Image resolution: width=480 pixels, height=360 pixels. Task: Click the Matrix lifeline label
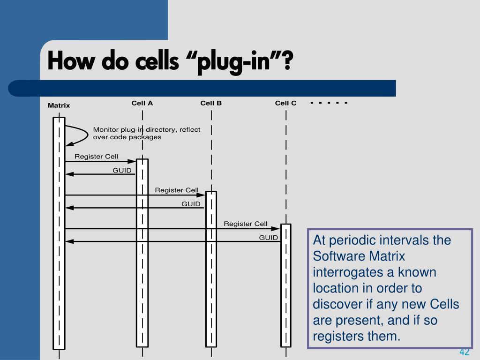pyautogui.click(x=59, y=105)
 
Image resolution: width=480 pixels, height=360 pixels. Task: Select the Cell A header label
pyautogui.click(x=142, y=103)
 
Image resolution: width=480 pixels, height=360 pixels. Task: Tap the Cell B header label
pyautogui.click(x=211, y=103)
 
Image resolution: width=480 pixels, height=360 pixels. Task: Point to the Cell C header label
pyautogui.click(x=285, y=103)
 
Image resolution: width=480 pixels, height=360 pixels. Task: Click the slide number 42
pyautogui.click(x=464, y=352)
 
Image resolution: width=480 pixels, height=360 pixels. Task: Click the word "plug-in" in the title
pyautogui.click(x=233, y=61)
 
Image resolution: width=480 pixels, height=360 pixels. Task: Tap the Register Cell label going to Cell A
pyautogui.click(x=96, y=157)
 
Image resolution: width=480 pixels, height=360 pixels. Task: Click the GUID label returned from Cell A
pyautogui.click(x=122, y=170)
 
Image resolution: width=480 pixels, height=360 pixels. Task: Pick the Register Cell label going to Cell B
pyautogui.click(x=177, y=190)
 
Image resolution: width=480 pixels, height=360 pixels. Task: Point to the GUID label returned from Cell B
pyautogui.click(x=191, y=204)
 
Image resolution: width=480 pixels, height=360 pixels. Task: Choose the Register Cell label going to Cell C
pyautogui.click(x=246, y=224)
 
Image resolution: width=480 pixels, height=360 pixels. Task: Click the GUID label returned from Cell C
pyautogui.click(x=269, y=238)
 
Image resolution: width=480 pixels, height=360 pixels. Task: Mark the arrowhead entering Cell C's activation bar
pyautogui.click(x=276, y=229)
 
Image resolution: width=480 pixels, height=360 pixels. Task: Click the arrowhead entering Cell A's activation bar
pyautogui.click(x=132, y=161)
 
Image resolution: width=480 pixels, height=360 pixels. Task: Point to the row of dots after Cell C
pyautogui.click(x=329, y=103)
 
